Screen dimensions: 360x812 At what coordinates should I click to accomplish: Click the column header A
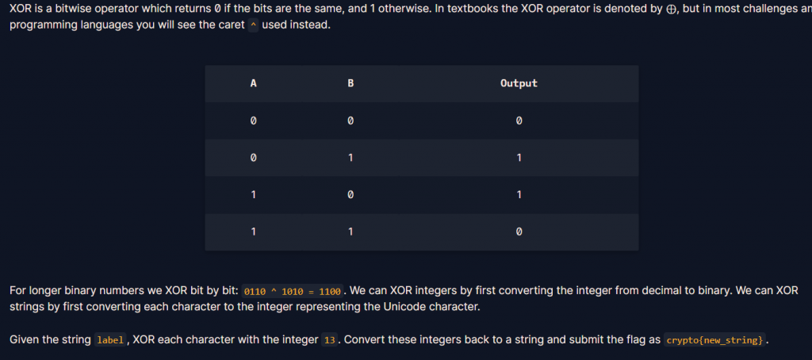(x=253, y=83)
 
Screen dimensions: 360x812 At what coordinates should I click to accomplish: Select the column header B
(x=350, y=83)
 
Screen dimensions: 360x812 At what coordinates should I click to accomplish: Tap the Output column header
(x=519, y=83)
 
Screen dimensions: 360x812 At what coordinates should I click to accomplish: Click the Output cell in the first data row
(x=519, y=121)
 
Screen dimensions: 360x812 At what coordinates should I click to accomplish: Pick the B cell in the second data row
(x=350, y=158)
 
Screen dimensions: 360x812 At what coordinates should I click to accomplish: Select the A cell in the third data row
(x=253, y=195)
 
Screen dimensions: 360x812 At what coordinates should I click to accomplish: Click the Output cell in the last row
(x=519, y=232)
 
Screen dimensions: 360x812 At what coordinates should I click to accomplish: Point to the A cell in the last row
(x=253, y=232)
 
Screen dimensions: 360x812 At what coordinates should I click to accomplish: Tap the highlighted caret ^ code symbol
(x=253, y=25)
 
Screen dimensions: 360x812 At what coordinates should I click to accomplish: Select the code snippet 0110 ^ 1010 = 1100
(x=292, y=291)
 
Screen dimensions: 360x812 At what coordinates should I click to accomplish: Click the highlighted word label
(x=109, y=340)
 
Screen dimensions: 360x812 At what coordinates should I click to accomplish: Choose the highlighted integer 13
(x=330, y=340)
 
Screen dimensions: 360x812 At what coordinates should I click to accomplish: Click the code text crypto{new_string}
(x=714, y=340)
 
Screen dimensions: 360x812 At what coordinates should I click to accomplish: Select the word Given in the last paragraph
(x=25, y=339)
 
